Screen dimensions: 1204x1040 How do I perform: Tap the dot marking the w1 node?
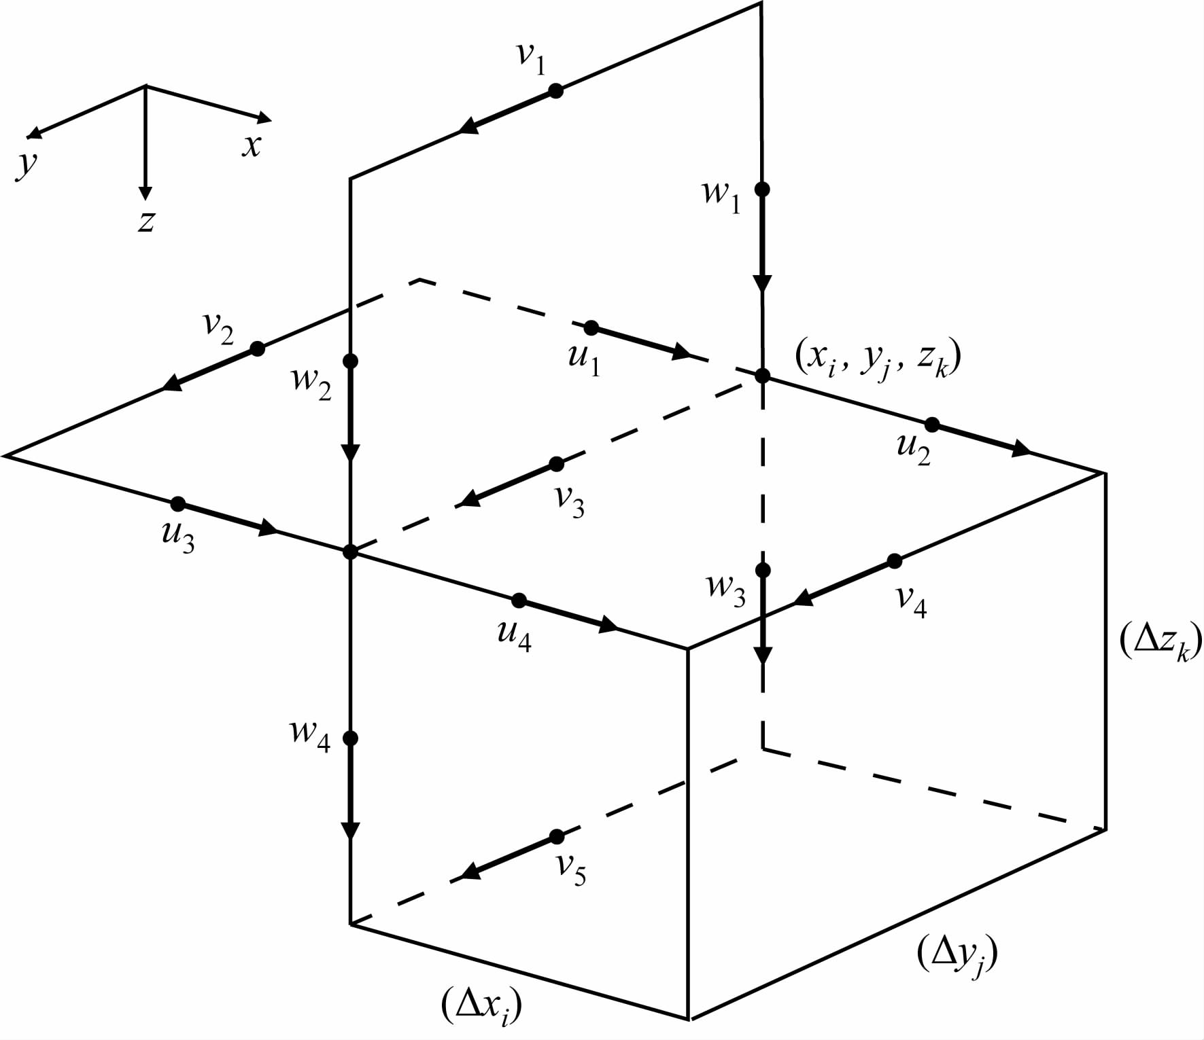pos(762,189)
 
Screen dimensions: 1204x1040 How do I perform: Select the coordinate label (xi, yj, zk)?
pos(878,359)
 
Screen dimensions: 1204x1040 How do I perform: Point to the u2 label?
pos(913,448)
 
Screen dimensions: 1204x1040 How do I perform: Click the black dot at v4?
pos(895,561)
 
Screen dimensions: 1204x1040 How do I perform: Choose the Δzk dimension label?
pos(1160,642)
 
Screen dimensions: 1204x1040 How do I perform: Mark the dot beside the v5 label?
pos(557,836)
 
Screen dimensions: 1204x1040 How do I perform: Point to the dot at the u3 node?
pos(177,504)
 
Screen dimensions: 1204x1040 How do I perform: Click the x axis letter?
pos(252,145)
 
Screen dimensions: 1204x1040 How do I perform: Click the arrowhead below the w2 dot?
pos(350,452)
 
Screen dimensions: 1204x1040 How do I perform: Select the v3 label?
pos(570,501)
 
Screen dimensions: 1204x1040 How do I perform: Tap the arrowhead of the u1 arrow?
pos(681,352)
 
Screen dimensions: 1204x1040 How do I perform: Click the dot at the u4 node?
pos(519,600)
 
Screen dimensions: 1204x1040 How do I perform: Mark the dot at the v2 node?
pos(257,349)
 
